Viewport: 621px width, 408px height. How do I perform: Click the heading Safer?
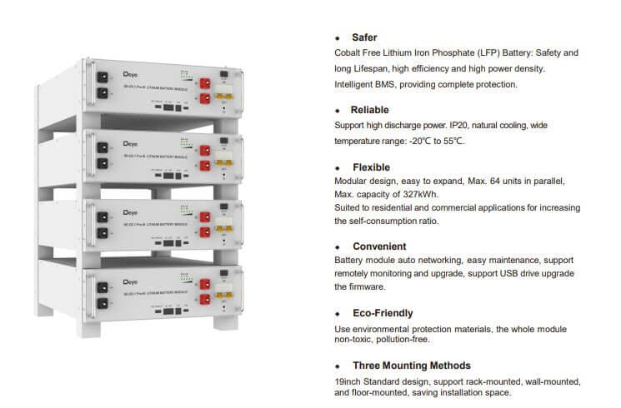(364, 37)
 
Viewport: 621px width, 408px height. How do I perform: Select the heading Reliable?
(369, 110)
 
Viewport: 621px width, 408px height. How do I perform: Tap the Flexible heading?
(370, 167)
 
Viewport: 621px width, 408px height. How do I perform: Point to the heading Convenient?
(378, 246)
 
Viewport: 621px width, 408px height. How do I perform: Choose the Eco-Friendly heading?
(382, 313)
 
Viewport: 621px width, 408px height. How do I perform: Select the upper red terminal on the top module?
(202, 82)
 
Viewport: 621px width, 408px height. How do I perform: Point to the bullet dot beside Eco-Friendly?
(338, 314)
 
